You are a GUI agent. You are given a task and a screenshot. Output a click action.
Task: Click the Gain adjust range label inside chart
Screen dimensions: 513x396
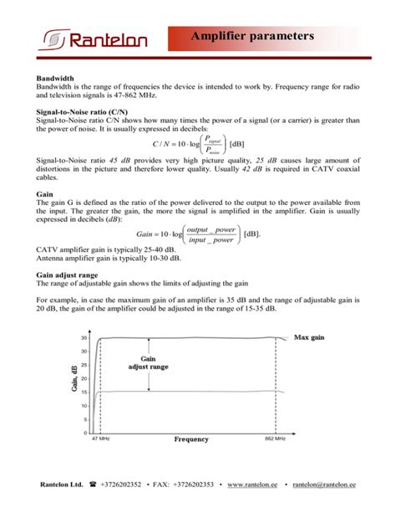pos(148,363)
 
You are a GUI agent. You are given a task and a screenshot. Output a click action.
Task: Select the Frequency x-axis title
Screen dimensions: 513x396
pos(191,439)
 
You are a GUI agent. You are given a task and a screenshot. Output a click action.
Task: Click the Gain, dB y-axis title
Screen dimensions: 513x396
pos(74,381)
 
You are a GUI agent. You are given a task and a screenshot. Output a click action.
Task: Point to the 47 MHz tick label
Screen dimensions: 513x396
pos(100,439)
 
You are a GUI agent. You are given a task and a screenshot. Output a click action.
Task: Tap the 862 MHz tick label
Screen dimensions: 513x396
pos(275,439)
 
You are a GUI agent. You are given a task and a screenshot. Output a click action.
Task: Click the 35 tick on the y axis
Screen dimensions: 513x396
pos(84,338)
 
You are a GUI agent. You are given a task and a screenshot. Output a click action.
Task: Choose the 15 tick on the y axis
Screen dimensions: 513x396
pos(84,392)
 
